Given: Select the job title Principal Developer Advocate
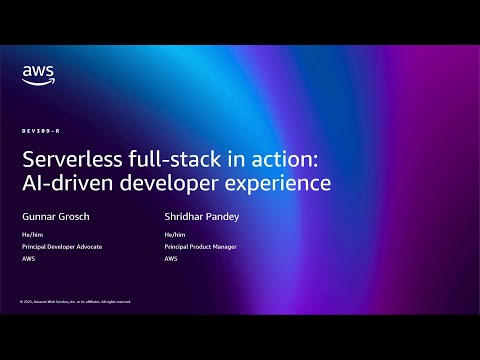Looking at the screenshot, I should (x=61, y=247).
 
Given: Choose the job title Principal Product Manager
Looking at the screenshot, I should (x=201, y=247).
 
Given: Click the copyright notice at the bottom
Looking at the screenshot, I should (x=74, y=301).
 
